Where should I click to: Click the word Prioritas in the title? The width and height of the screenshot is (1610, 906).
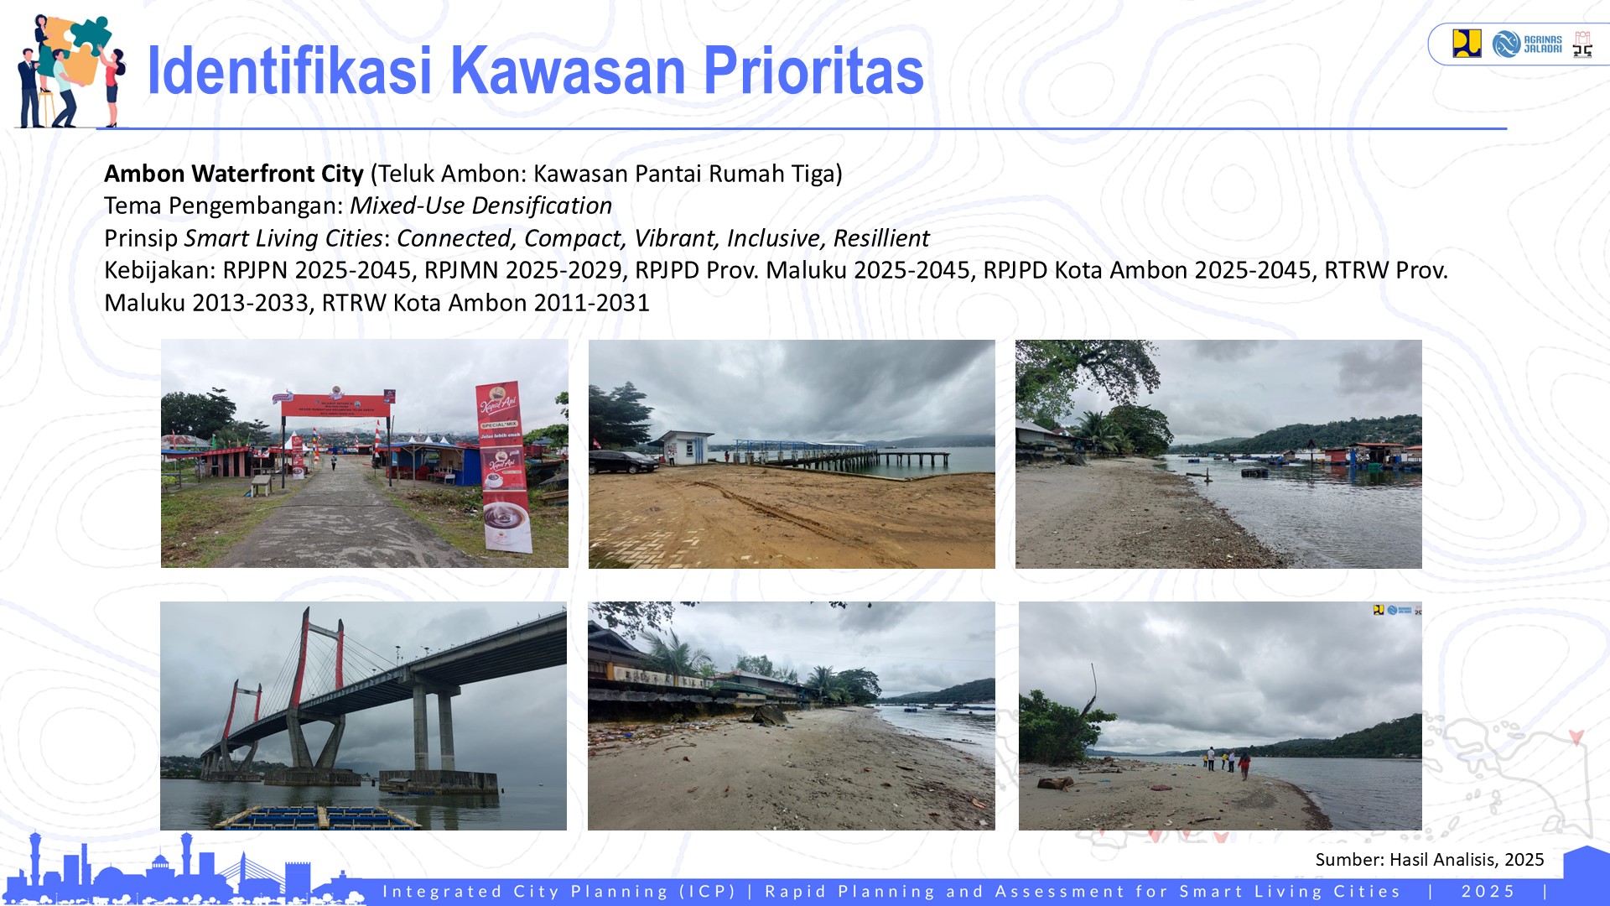point(813,71)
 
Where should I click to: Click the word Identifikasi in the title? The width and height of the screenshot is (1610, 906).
point(289,71)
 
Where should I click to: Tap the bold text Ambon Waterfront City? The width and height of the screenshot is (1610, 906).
point(234,174)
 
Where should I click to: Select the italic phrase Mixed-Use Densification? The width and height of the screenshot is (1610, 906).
point(480,206)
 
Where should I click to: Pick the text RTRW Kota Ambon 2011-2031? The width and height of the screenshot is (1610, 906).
point(486,303)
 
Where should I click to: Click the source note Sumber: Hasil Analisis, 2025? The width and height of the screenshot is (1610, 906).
point(1429,860)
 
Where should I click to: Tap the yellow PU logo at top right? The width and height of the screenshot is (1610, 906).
point(1467,44)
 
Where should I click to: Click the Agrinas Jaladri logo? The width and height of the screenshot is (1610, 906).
point(1527,44)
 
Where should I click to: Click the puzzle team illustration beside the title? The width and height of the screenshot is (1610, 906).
point(71,71)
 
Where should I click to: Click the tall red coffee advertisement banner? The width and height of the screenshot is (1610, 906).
point(503,466)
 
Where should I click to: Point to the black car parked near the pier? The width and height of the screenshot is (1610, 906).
point(623,461)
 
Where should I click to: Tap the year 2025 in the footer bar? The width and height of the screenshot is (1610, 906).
point(1488,892)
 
